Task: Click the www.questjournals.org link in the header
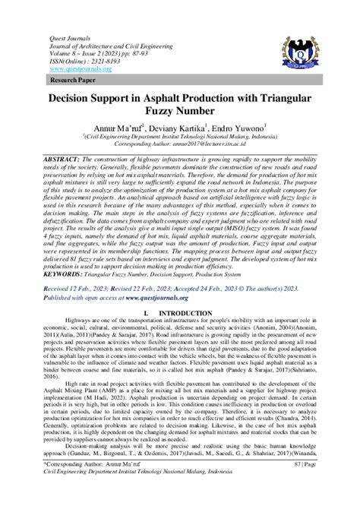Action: (80, 69)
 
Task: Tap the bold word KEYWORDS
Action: (71, 273)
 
